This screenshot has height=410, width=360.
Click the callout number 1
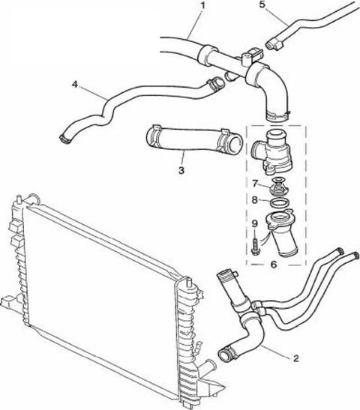click(202, 6)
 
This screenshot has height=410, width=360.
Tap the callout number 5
click(262, 5)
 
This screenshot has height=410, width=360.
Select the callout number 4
click(75, 85)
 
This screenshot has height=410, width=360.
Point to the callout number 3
click(181, 170)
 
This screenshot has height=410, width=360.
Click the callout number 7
click(255, 184)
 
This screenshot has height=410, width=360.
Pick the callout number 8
click(255, 200)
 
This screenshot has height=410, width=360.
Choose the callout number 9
click(255, 223)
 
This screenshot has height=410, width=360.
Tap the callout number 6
click(274, 265)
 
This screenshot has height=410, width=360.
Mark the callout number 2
click(296, 358)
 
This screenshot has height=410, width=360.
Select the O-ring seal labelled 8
click(280, 202)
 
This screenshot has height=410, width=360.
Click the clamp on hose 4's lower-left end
click(65, 139)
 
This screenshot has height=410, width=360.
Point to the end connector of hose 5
click(274, 44)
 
